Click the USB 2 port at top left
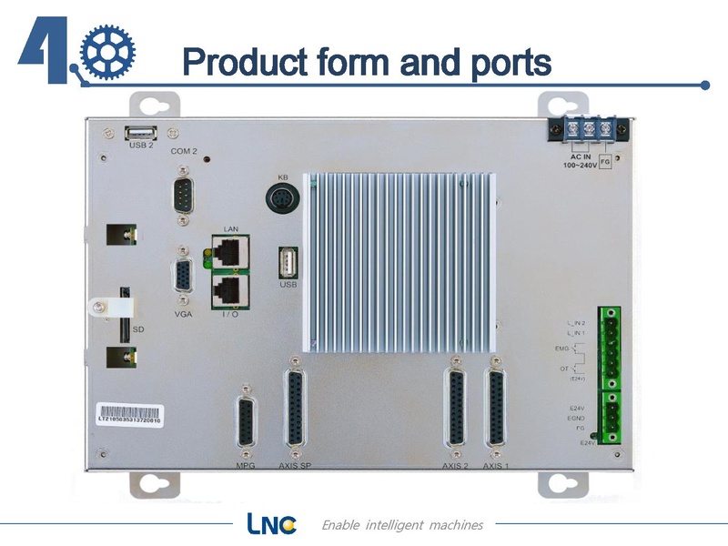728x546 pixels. pyautogui.click(x=141, y=131)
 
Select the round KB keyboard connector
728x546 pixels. pyautogui.click(x=282, y=197)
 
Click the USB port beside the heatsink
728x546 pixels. pyautogui.click(x=287, y=263)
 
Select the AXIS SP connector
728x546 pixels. pyautogui.click(x=295, y=409)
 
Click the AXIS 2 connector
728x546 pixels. pyautogui.click(x=455, y=409)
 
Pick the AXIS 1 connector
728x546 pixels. pyautogui.click(x=495, y=409)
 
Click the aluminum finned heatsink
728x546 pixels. pyautogui.click(x=401, y=260)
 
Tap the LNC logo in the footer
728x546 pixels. pyautogui.click(x=271, y=524)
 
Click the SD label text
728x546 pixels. pyautogui.click(x=138, y=329)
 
